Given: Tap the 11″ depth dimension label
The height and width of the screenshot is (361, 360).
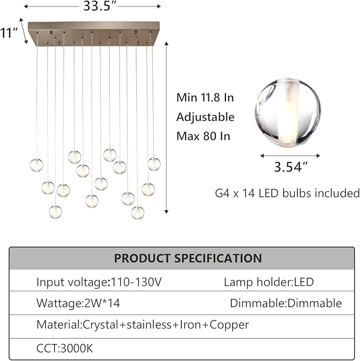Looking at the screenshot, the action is coord(8,33).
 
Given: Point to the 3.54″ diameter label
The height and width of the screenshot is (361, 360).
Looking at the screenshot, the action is coord(291,167).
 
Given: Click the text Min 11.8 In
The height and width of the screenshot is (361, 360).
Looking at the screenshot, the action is coord(205,98).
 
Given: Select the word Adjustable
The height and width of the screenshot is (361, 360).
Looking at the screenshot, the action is coord(205,117).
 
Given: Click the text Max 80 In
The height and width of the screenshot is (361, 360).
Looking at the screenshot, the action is coord(203,136).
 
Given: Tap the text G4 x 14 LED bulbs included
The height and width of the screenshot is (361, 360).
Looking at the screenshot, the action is coord(287,193).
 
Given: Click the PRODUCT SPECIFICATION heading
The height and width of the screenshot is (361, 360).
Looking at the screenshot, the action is coord(188,258).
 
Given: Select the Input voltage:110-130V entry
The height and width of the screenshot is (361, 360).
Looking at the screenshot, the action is coord(99,282).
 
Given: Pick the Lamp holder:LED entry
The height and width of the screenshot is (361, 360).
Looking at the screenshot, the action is coord(269,282).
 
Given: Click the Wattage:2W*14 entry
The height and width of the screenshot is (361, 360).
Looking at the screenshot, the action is coord(78,303).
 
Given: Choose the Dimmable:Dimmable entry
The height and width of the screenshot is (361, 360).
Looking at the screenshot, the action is coord(286,303).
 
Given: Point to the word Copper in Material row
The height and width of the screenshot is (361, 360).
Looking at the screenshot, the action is coord(229,325).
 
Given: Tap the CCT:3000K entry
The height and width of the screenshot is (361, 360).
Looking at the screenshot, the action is coord(65,348).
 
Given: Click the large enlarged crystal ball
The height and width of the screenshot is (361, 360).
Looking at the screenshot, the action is coord(287,112).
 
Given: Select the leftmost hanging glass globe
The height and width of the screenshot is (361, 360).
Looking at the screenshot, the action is coord(37,165).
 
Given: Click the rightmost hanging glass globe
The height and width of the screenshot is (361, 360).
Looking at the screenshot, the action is coord(154,164).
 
